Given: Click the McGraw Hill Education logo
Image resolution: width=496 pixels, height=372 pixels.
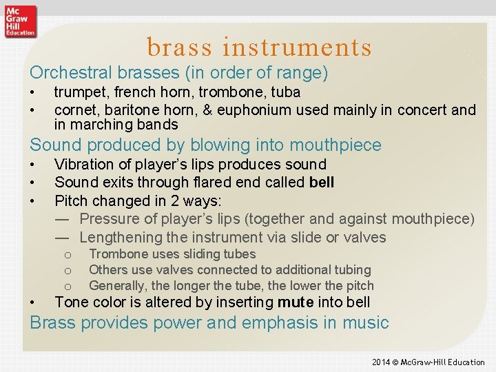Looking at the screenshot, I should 20,20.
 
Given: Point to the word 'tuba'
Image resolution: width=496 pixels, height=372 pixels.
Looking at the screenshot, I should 285,92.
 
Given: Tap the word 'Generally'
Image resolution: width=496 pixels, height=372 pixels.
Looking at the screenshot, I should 119,285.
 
